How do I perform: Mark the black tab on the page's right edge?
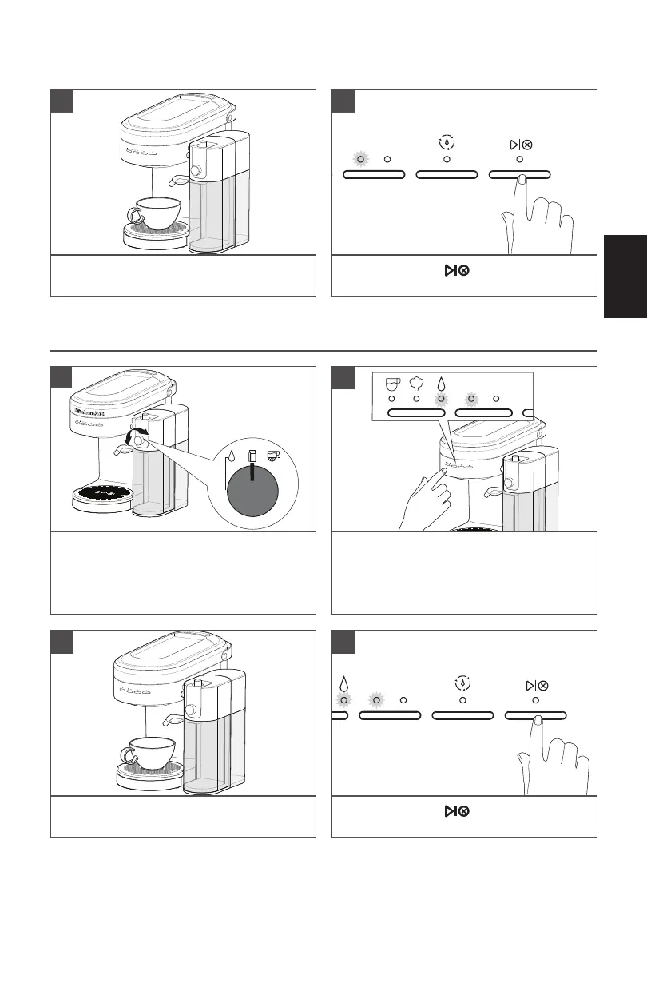point(625,276)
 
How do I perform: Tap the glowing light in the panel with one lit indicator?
point(361,159)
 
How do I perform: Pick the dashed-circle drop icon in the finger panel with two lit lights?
point(462,684)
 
